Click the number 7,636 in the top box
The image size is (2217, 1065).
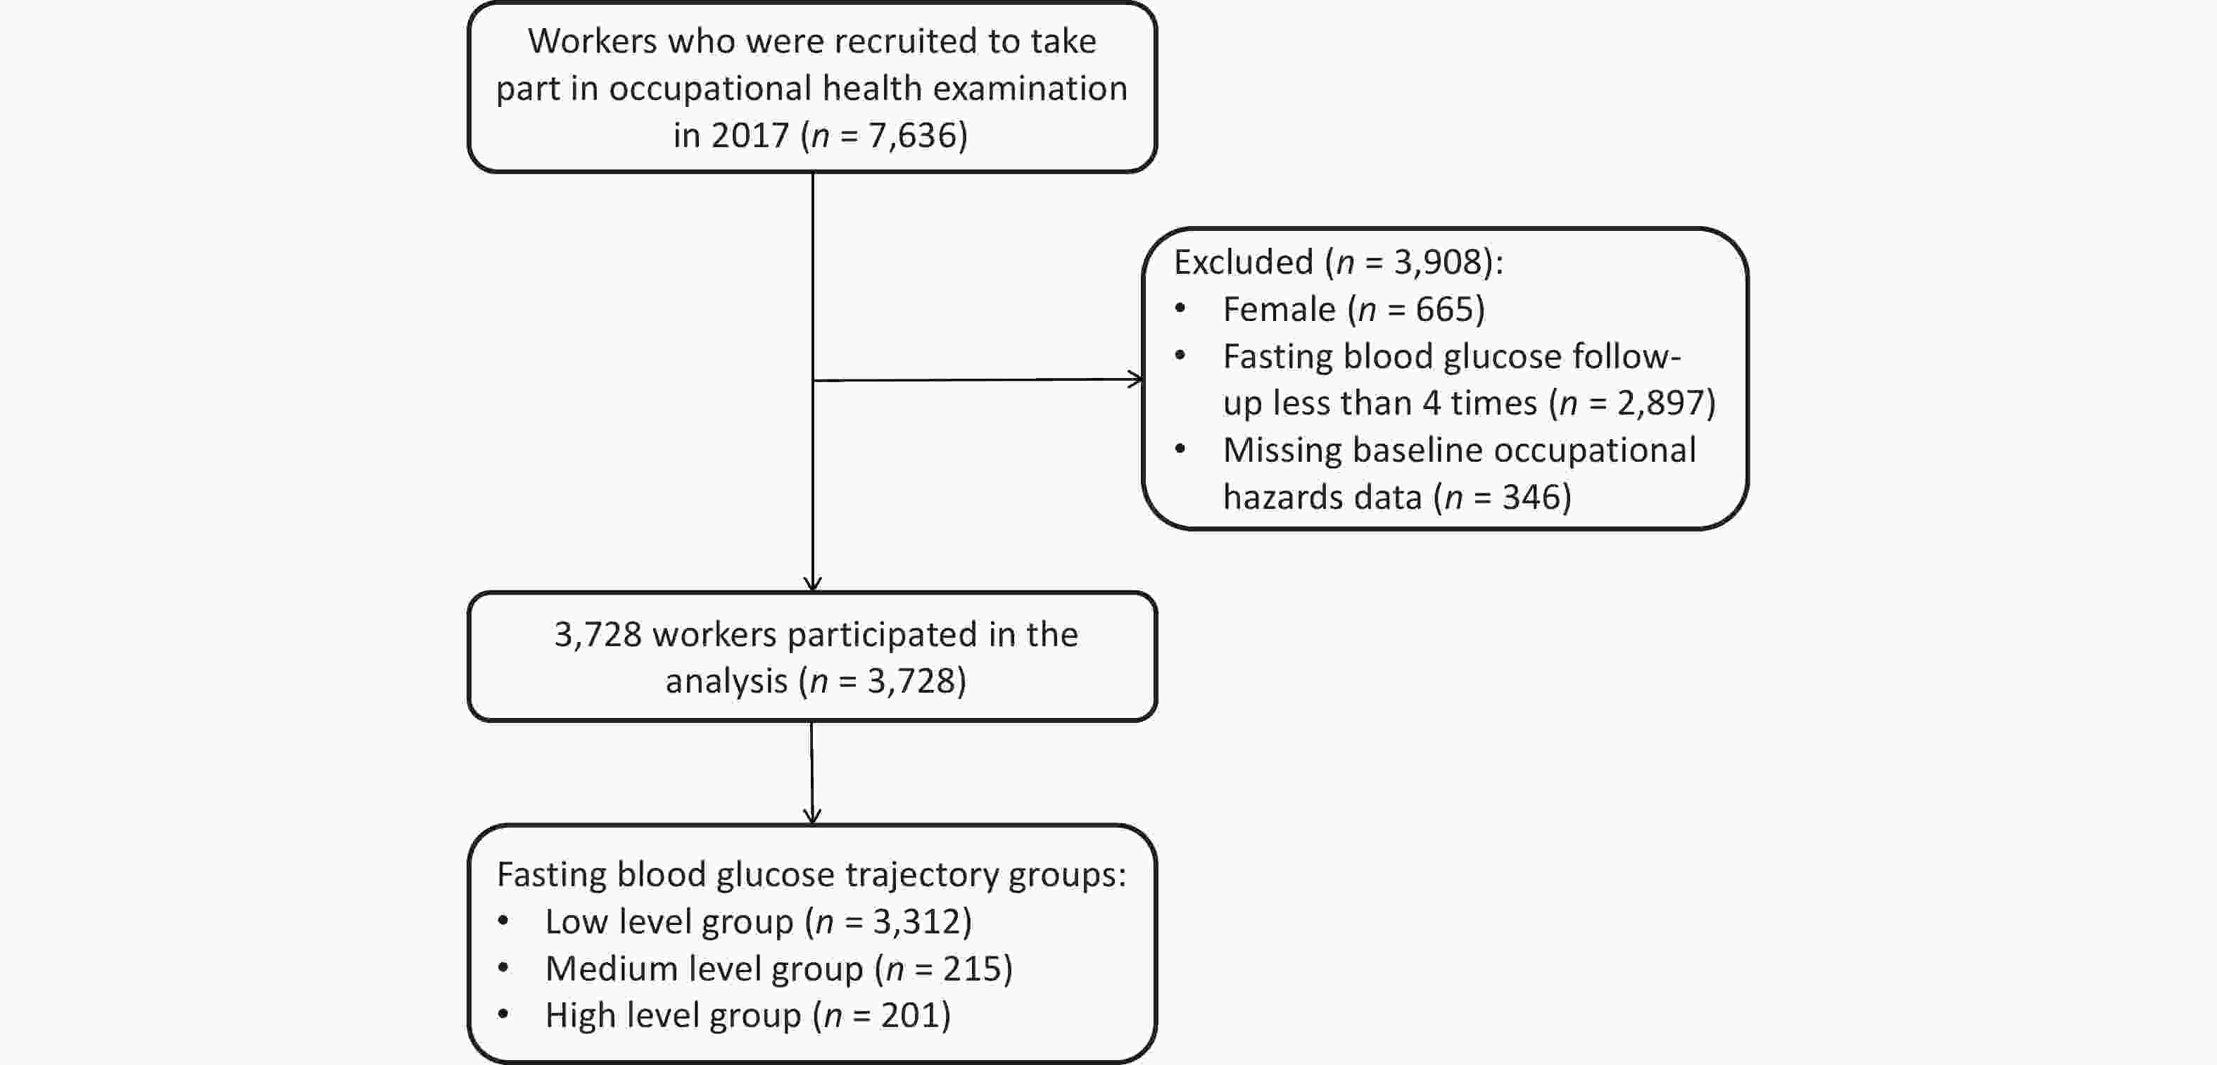coord(911,136)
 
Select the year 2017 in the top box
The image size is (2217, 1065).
coord(750,135)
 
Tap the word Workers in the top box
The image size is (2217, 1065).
coord(591,42)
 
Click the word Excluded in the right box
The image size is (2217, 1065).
coord(1244,262)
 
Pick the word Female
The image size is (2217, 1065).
coord(1280,309)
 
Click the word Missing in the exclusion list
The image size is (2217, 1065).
coord(1282,451)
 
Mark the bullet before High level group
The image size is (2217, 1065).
coord(503,1014)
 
